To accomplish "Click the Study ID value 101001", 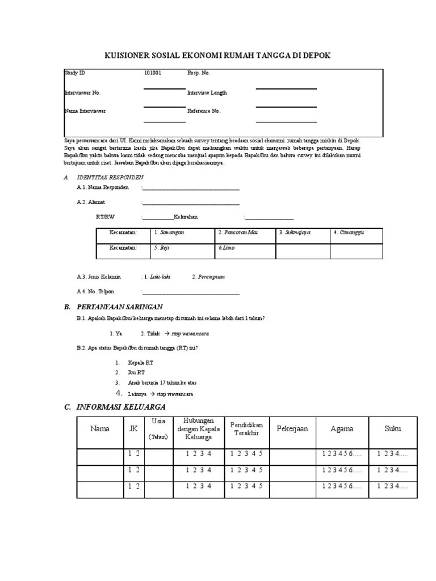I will [x=153, y=73].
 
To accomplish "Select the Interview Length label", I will [x=207, y=92].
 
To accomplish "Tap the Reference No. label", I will [x=204, y=111].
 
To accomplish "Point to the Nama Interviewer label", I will [x=85, y=111].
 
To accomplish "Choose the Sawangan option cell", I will [x=183, y=233].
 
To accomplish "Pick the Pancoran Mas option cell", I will [x=246, y=233].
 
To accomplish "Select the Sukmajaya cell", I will [x=303, y=233].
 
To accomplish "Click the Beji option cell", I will [x=183, y=249].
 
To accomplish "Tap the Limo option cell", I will [x=246, y=249].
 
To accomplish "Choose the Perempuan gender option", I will [x=208, y=277].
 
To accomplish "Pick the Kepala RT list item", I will [x=141, y=363].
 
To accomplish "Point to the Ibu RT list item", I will [x=137, y=373].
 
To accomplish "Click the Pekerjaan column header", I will [x=292, y=429].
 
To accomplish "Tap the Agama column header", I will [x=342, y=429].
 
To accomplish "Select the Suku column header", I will [x=392, y=429].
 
